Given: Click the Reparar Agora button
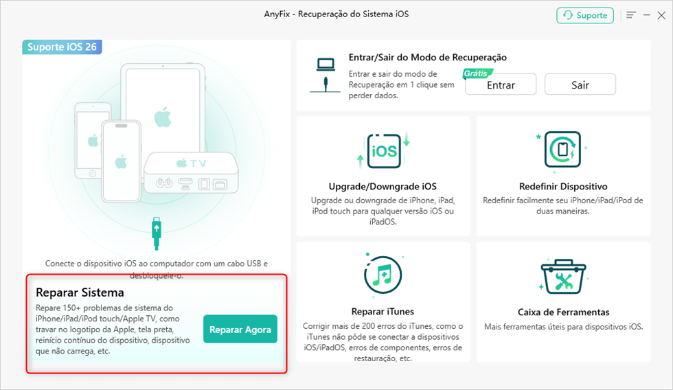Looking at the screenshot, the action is coord(240,329).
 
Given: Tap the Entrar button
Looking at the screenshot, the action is coord(501,85).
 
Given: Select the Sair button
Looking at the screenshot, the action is coord(580,84).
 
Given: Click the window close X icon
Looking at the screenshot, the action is coord(661,15).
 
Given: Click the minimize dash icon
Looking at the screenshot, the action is coord(646,15).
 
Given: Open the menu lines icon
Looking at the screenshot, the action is coord(631,15).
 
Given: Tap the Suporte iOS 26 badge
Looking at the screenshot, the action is coord(62,47).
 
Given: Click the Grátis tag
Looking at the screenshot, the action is coord(477,73).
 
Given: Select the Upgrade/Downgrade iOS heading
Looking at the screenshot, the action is coord(383,186).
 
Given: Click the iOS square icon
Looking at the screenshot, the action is coord(384,150).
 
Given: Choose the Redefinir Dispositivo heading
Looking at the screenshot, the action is coord(563,186).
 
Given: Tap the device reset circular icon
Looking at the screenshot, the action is coord(562,149).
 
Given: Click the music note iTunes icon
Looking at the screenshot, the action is coord(383,275).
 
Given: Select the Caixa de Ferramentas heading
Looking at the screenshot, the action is coord(564,312).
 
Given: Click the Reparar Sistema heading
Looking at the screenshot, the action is coord(80,292).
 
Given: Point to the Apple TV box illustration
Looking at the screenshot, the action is coord(191,173).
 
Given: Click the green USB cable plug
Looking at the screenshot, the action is coord(157,233).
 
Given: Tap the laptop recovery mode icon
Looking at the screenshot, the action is coord(326,75).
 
